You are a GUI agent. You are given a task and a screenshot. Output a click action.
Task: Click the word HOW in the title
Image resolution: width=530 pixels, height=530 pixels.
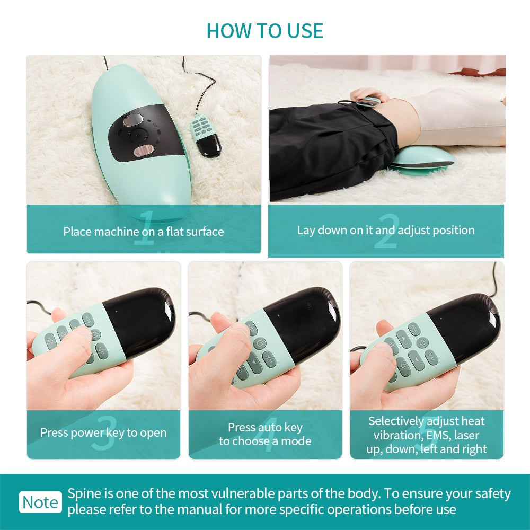[227, 31]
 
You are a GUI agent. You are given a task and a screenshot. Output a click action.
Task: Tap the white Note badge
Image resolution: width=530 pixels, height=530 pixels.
[41, 502]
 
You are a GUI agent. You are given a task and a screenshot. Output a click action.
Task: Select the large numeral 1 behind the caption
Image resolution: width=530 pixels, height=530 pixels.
[144, 229]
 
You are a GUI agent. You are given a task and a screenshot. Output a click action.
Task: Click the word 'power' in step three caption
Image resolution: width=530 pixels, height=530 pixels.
[87, 433]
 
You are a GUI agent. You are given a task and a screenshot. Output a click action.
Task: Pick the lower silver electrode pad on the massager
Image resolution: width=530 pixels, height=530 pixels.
[144, 152]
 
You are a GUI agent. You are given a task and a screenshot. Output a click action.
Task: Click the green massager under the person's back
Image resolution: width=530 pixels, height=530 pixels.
[421, 159]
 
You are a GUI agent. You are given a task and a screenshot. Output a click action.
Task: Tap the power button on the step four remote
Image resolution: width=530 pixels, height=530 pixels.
[259, 343]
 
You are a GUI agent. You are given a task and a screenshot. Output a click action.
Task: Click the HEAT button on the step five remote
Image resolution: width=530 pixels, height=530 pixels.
[432, 357]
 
